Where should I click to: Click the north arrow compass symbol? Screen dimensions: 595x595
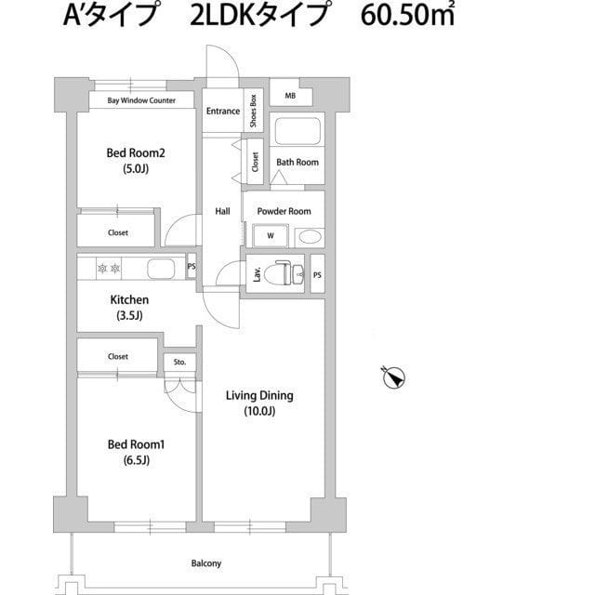pyautogui.click(x=394, y=377)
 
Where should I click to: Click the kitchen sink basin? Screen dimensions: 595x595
pyautogui.click(x=160, y=270)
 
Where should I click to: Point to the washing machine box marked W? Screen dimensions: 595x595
pyautogui.click(x=271, y=236)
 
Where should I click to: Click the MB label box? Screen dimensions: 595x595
pyautogui.click(x=290, y=96)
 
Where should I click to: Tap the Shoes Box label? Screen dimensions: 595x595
pyautogui.click(x=253, y=111)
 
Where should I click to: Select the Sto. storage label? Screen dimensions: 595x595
pyautogui.click(x=179, y=362)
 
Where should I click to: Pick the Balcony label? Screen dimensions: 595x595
pyautogui.click(x=206, y=563)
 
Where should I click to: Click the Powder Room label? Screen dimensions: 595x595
pyautogui.click(x=284, y=211)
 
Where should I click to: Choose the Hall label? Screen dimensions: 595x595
pyautogui.click(x=223, y=211)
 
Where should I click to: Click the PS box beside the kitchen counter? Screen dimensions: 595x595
pyautogui.click(x=192, y=267)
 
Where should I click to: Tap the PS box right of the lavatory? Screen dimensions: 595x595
pyautogui.click(x=317, y=274)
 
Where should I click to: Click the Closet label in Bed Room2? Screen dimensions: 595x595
pyautogui.click(x=118, y=232)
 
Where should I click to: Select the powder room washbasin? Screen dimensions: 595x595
pyautogui.click(x=308, y=236)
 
